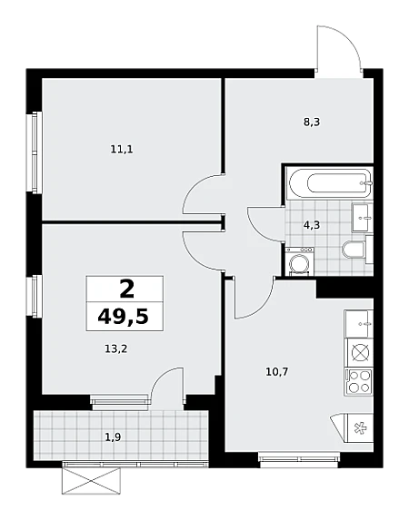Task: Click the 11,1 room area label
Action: pyautogui.click(x=122, y=150)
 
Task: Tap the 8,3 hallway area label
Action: pyautogui.click(x=312, y=123)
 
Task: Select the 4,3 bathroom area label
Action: pyautogui.click(x=312, y=225)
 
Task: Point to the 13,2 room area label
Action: pyautogui.click(x=116, y=348)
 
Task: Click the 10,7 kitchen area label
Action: pyautogui.click(x=277, y=372)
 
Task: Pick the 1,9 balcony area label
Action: pyautogui.click(x=113, y=437)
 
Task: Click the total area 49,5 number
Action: pyautogui.click(x=123, y=317)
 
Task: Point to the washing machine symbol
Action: pyautogui.click(x=300, y=261)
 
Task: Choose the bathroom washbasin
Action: pyautogui.click(x=361, y=218)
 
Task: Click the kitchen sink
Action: pyautogui.click(x=359, y=324)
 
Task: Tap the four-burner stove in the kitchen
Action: pyautogui.click(x=358, y=381)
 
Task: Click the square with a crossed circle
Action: pyautogui.click(x=360, y=353)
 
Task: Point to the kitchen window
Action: pyautogui.click(x=298, y=459)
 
